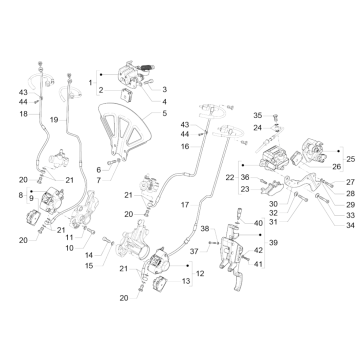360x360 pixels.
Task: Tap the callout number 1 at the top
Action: tap(91, 79)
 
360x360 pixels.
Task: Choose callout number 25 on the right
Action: tap(349, 159)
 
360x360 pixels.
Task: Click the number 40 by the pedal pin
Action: tap(258, 224)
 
